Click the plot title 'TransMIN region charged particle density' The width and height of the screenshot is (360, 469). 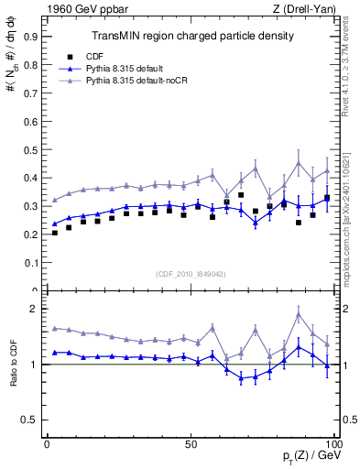(192, 36)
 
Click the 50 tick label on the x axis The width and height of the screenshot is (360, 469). (191, 443)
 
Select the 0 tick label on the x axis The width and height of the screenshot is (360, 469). (47, 443)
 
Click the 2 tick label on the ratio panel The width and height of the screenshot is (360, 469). (33, 309)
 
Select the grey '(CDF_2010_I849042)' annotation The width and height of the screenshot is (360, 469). (191, 273)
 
